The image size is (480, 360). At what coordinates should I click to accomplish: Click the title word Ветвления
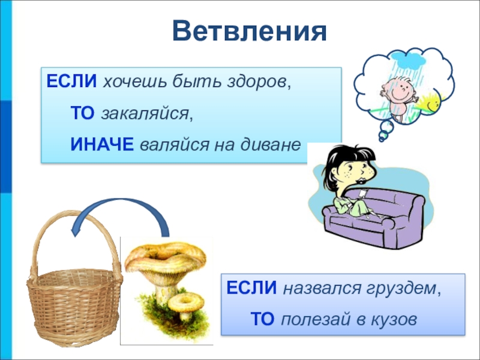(x=250, y=31)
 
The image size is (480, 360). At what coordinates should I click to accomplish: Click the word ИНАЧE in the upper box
(x=102, y=144)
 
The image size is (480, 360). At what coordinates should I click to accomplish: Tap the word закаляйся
(x=144, y=114)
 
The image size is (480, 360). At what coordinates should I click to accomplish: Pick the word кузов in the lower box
(x=394, y=319)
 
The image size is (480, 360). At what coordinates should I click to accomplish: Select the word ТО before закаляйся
(x=82, y=113)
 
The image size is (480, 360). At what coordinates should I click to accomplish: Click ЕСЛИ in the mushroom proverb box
(x=251, y=288)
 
